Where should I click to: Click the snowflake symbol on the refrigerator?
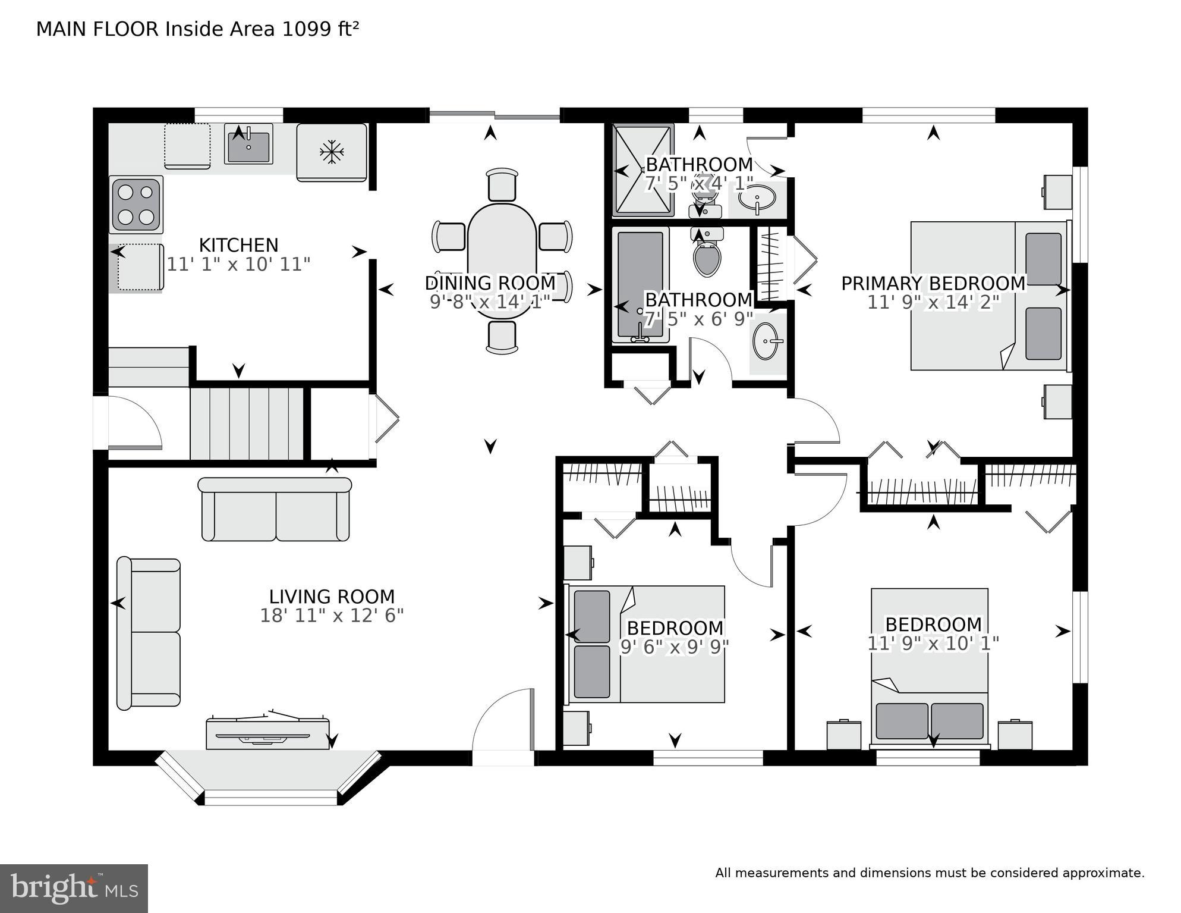pos(332,152)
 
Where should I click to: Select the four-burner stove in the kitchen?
pos(136,205)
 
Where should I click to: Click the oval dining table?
pos(502,261)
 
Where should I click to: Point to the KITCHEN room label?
pos(238,245)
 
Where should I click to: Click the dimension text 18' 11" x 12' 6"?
pos(332,616)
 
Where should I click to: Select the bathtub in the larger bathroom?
pos(640,284)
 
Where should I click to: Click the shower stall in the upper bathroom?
pos(643,171)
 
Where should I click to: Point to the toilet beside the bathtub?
pos(707,254)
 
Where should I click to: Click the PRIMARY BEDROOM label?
pos(933,283)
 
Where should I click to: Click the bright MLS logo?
pos(74,888)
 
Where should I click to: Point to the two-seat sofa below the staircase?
pos(275,509)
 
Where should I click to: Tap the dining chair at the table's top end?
pos(502,184)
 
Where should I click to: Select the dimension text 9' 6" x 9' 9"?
pos(675,647)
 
